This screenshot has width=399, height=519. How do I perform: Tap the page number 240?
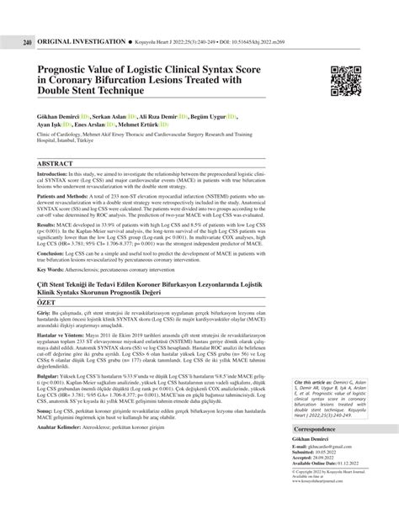pyautogui.click(x=27, y=18)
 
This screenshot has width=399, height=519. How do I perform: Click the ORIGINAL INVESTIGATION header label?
pyautogui.click(x=77, y=18)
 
